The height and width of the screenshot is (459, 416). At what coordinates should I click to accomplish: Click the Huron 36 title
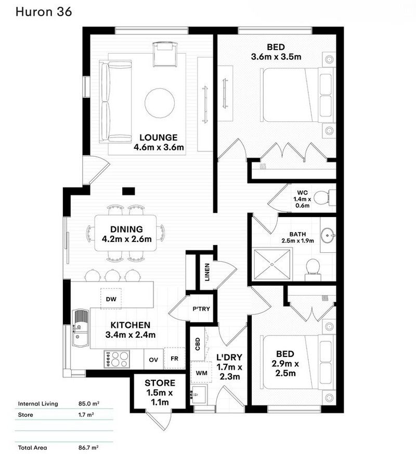(44, 11)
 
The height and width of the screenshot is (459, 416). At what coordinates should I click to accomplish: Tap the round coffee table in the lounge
(160, 103)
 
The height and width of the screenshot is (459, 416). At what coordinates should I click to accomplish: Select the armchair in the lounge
(165, 55)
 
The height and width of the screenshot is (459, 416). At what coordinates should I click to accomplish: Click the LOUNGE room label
(159, 137)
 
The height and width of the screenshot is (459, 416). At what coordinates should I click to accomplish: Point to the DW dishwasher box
(111, 299)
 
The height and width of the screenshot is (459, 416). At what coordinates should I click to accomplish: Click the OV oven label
(153, 360)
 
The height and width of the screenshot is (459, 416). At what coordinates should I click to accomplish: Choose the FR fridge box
(174, 358)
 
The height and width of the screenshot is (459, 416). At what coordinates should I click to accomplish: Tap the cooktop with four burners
(116, 359)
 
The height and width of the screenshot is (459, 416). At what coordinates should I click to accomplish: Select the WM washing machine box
(201, 372)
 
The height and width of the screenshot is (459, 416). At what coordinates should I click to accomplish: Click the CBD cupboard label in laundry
(198, 344)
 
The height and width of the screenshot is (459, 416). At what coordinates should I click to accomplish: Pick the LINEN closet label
(207, 272)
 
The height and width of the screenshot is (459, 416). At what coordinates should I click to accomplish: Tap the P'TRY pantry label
(201, 309)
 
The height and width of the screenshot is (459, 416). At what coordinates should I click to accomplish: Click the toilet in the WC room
(324, 198)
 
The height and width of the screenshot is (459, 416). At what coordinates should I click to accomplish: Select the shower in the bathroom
(272, 264)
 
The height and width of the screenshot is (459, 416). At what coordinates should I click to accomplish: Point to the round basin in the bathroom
(328, 235)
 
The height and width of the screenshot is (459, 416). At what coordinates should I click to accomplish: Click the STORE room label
(160, 383)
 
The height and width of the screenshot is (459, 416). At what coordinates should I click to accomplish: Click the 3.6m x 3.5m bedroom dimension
(276, 57)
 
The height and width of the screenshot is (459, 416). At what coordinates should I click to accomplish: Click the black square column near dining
(128, 191)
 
